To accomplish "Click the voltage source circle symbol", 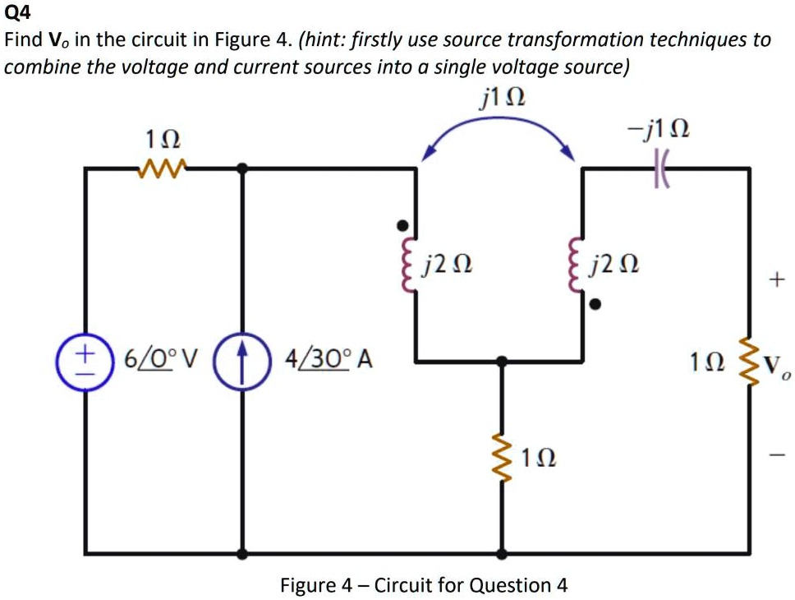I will (85, 359).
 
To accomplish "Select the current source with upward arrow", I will (241, 359).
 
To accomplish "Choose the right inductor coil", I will (577, 265).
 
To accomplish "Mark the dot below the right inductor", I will (596, 305).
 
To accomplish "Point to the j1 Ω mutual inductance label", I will (502, 99).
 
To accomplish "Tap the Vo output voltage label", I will (775, 364).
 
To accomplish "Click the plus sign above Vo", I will (776, 281).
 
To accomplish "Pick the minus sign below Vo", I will (776, 454).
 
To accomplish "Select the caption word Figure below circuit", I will (307, 585).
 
